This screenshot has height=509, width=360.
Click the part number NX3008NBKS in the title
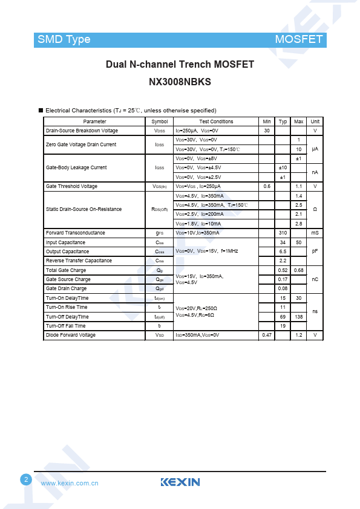[180, 82]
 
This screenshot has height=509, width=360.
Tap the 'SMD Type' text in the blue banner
[64, 39]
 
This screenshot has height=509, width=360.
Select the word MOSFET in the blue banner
[299, 39]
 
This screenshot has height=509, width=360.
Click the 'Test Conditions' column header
[216, 122]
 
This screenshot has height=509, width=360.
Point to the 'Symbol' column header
[160, 122]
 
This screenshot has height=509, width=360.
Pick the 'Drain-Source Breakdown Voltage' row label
[82, 131]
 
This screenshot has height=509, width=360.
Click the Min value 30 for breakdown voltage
[267, 131]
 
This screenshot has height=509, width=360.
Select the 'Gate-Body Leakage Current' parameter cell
[76, 167]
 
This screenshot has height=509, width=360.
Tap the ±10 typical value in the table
[283, 167]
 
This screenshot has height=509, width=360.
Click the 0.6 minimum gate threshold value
[267, 186]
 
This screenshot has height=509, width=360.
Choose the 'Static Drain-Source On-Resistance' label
[84, 209]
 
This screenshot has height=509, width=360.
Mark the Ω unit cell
[315, 209]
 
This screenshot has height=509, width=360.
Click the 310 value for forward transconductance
[283, 233]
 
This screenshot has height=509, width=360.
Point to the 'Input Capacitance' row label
[65, 242]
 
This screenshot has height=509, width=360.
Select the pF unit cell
[315, 251]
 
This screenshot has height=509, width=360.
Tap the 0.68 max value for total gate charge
[299, 270]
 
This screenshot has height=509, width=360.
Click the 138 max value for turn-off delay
[299, 317]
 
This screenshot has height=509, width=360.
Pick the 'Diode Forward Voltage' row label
[71, 335]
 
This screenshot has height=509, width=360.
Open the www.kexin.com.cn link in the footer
[70, 483]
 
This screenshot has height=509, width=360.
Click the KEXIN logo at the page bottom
[180, 482]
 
